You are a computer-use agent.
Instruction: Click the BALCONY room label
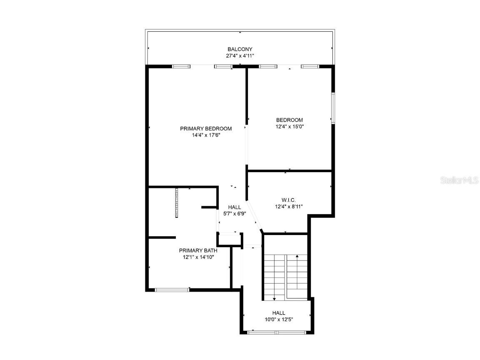(x=240, y=49)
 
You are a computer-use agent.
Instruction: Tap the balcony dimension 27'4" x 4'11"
(x=240, y=55)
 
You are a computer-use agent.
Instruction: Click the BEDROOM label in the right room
(x=289, y=120)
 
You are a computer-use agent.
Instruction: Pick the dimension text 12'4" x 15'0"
(x=289, y=126)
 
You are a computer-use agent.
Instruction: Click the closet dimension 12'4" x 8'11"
(x=288, y=206)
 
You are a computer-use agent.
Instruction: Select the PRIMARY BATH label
(x=198, y=250)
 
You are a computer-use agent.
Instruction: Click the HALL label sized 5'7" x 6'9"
(x=234, y=207)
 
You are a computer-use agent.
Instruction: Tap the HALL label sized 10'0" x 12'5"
(x=279, y=313)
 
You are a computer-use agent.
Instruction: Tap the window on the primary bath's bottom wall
(x=172, y=289)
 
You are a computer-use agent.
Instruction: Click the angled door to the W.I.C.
(x=254, y=217)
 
